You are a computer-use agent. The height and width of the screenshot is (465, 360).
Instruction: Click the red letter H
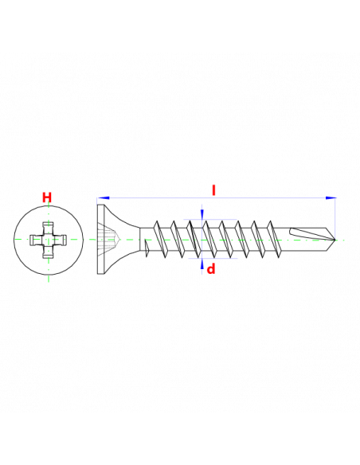click(47, 197)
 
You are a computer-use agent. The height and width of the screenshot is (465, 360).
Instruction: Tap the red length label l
click(213, 190)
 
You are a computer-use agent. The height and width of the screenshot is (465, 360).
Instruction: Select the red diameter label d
click(211, 269)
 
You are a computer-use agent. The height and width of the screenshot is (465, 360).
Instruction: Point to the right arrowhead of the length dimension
click(331, 197)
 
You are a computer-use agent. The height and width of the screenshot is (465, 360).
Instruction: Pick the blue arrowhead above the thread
click(202, 213)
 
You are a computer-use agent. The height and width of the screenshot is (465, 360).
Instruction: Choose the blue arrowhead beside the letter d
click(202, 263)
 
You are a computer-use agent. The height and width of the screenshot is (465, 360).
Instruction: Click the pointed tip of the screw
click(335, 239)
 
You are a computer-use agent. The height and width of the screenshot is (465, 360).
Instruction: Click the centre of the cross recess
click(49, 240)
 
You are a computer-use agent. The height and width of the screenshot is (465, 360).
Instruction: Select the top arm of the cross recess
click(49, 228)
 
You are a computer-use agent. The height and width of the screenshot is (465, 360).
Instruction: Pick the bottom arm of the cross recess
click(49, 251)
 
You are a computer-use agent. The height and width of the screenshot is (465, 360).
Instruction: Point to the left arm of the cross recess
click(37, 240)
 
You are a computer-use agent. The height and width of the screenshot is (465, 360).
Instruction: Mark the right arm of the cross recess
click(60, 240)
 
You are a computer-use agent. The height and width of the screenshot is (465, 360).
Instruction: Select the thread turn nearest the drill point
click(273, 239)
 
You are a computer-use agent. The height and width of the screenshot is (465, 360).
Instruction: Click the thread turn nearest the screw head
click(159, 239)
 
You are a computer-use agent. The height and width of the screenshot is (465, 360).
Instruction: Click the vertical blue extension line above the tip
click(335, 217)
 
